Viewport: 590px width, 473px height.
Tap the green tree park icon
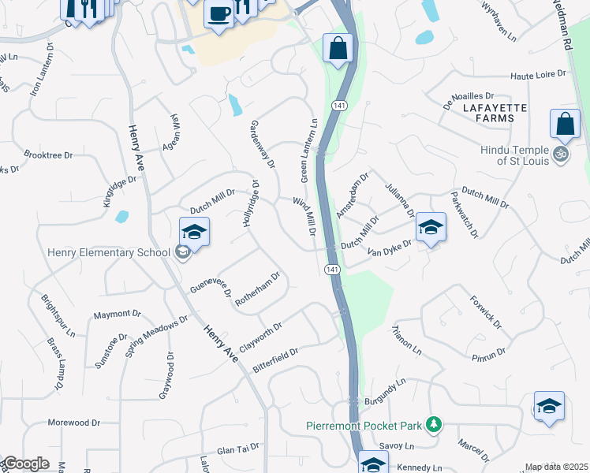432,425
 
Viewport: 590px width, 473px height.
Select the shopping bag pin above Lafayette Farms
566,125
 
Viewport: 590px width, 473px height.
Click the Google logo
25,464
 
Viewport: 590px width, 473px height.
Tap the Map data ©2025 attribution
556,467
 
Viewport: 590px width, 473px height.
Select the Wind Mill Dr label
304,218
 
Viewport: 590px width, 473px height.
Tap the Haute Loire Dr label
539,75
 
